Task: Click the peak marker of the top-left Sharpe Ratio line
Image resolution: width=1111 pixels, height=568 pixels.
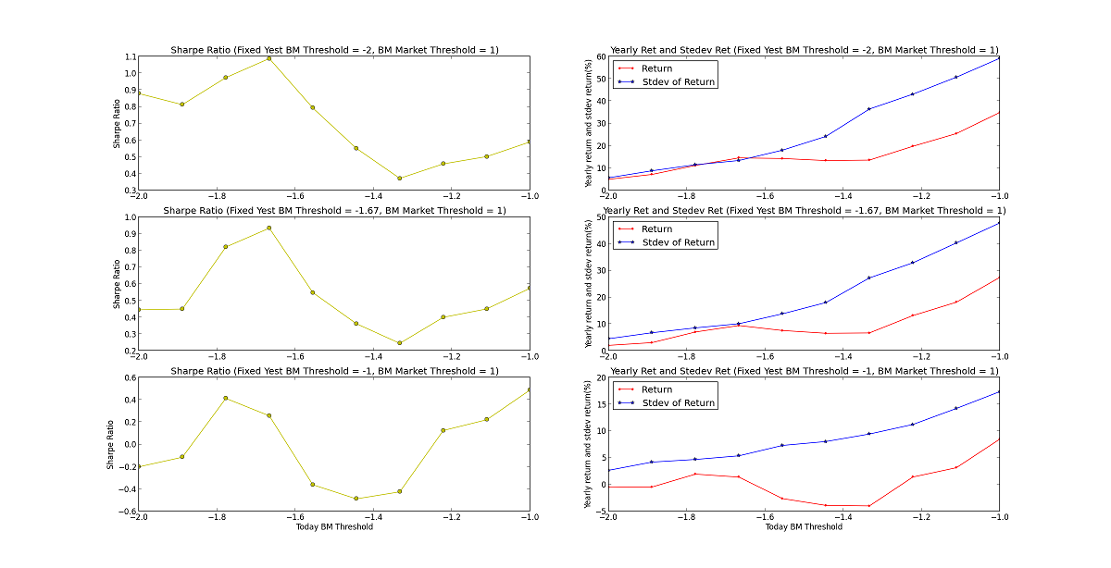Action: coord(268,58)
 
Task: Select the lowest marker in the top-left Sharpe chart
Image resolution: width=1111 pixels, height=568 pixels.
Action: coord(399,179)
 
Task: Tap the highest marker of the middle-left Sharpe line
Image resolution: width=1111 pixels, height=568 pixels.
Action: coord(268,228)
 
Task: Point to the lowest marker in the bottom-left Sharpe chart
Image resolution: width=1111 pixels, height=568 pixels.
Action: coord(356,499)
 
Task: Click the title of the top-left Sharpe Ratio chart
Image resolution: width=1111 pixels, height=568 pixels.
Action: coord(334,50)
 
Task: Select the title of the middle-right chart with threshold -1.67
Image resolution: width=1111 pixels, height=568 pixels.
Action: coord(805,211)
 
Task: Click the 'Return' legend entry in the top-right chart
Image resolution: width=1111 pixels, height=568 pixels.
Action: coord(656,68)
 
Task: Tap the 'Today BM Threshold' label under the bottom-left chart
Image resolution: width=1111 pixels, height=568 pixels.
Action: coord(334,527)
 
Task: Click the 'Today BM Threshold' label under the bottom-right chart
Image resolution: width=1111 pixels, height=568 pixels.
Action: coord(804,527)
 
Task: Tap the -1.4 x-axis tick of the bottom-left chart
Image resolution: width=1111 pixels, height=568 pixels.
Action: coord(372,520)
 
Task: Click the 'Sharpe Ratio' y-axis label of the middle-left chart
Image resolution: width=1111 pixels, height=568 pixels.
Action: coord(117,284)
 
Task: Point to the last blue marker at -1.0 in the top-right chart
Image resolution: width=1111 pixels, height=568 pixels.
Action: coord(999,58)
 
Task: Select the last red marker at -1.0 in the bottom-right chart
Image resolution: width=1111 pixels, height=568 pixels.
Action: coord(999,438)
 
